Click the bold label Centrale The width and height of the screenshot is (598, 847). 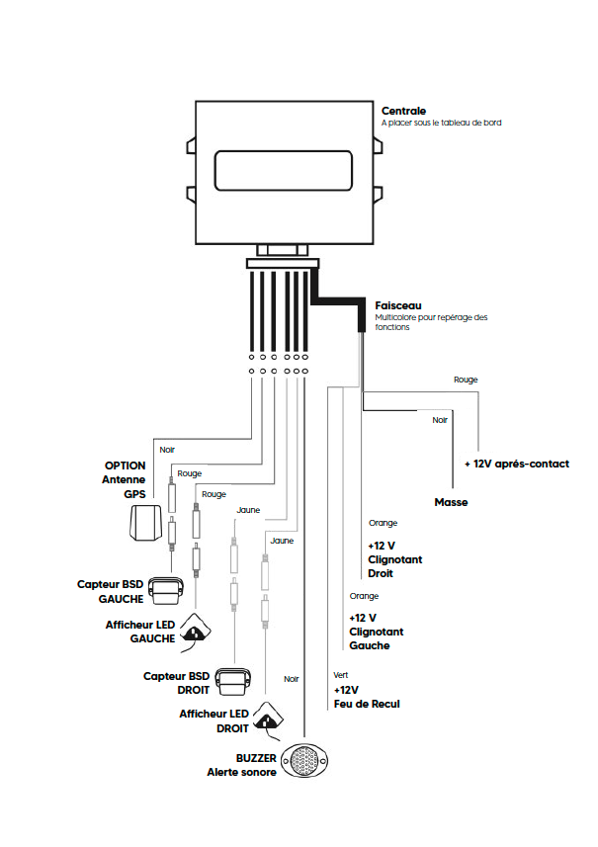pyautogui.click(x=404, y=110)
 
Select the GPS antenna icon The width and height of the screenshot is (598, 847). pyautogui.click(x=146, y=523)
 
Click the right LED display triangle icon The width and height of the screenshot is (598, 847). pyautogui.click(x=268, y=719)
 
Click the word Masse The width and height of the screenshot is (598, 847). pyautogui.click(x=451, y=503)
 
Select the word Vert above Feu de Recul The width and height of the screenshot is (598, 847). pyautogui.click(x=340, y=675)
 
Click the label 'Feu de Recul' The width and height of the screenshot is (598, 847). pyautogui.click(x=366, y=705)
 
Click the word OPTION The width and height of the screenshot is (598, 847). pyautogui.click(x=126, y=465)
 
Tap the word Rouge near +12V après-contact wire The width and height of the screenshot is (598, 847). pyautogui.click(x=466, y=380)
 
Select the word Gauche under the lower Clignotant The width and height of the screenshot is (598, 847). pyautogui.click(x=369, y=645)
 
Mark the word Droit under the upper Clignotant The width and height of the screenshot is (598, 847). pyautogui.click(x=381, y=573)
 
